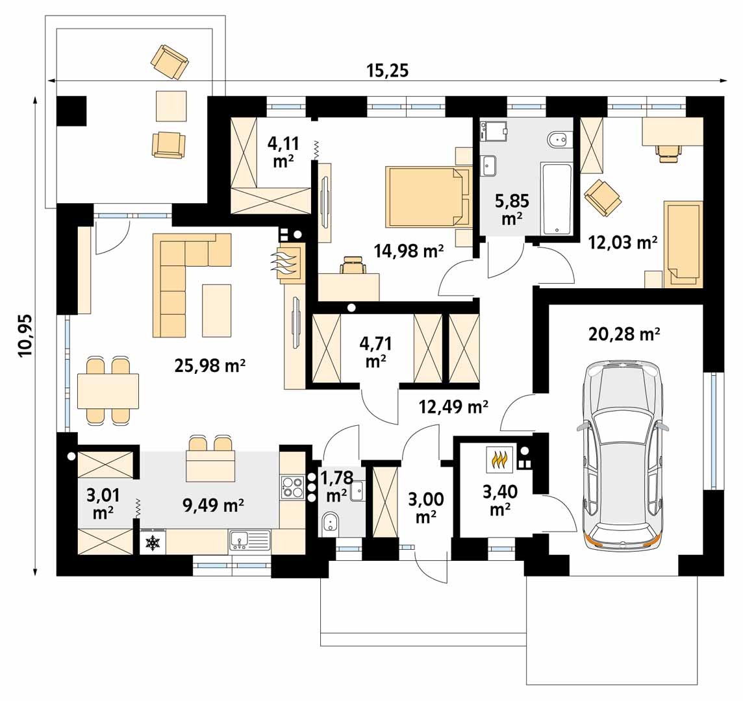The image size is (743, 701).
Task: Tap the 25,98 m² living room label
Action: tap(210, 365)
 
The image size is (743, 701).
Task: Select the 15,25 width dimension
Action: tap(387, 71)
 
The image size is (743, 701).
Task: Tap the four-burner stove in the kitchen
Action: tap(292, 487)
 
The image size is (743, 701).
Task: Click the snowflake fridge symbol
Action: tap(153, 543)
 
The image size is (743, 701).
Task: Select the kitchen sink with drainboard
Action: tap(249, 541)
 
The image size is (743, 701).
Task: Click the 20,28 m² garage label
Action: tap(624, 334)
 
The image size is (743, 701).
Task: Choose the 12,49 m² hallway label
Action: tap(453, 406)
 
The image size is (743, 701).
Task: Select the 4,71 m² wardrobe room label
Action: tap(376, 352)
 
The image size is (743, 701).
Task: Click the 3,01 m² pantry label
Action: tap(103, 504)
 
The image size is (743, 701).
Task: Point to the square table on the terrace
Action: tap(171, 106)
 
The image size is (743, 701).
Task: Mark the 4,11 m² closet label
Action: tap(283, 152)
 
